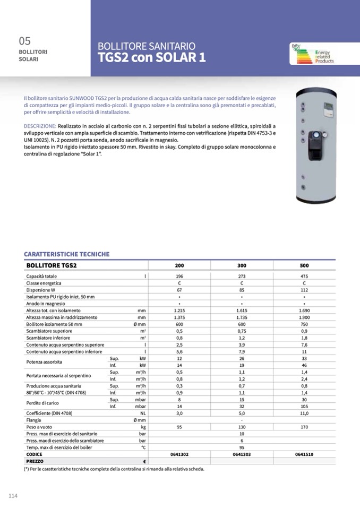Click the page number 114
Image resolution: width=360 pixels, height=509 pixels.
point(13,496)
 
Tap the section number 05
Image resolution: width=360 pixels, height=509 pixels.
point(25,41)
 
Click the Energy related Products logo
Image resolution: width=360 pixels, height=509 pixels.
point(312,56)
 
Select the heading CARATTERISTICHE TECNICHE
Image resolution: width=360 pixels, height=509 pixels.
point(67,254)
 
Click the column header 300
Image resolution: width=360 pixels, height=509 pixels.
point(242,265)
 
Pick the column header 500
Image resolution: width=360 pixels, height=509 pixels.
point(304,265)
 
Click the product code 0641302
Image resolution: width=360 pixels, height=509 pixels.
point(179,455)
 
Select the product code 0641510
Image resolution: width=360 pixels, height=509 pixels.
point(304,455)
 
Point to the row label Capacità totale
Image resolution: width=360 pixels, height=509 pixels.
point(41,276)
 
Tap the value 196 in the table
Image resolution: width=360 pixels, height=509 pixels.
point(179,276)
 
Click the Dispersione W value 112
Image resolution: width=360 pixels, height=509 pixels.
point(304,290)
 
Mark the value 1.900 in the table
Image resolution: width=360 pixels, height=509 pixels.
point(304,317)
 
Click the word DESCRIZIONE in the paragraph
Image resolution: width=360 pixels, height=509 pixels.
point(40,125)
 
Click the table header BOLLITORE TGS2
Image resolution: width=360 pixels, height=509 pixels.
point(52,265)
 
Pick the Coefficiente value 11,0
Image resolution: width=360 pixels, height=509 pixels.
point(304,413)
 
